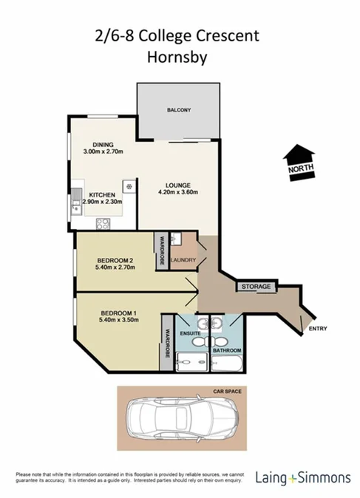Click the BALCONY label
point(178,110)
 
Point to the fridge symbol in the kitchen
point(129,186)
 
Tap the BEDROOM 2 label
point(114,260)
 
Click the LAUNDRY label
point(183,260)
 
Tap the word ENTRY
point(319,328)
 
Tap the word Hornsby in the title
point(179,56)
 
